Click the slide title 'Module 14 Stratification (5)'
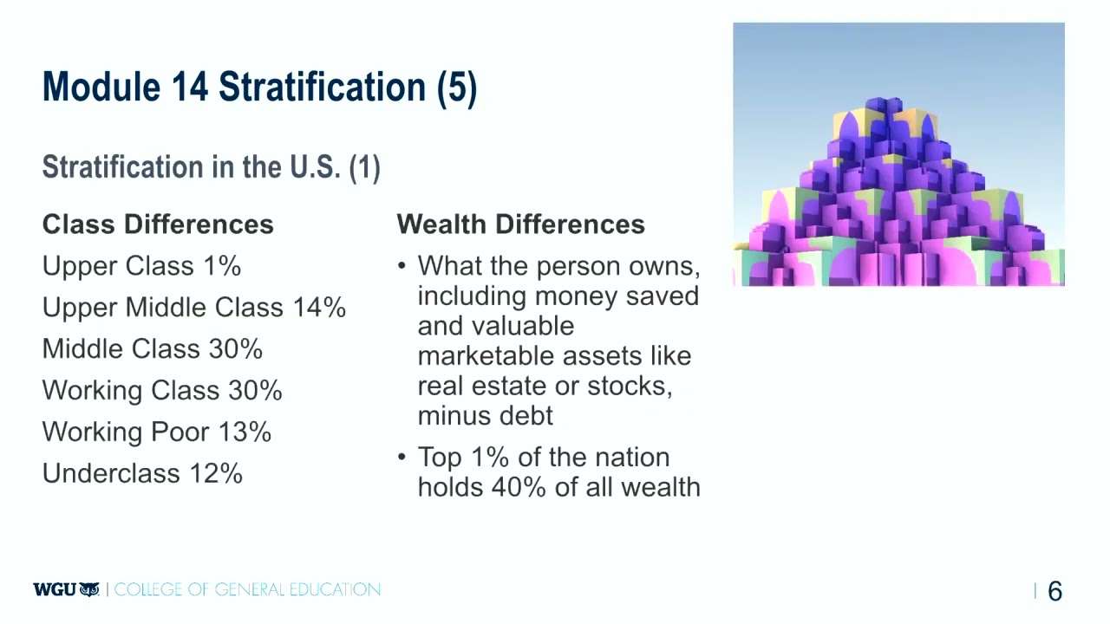(x=259, y=88)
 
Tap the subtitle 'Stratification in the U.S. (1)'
(x=211, y=167)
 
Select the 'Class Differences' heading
(x=158, y=224)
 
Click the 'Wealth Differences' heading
(x=520, y=224)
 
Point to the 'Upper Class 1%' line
(x=141, y=266)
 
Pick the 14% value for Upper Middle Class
(x=319, y=308)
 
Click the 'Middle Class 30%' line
(x=152, y=349)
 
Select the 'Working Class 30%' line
(x=162, y=391)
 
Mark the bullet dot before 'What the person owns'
(x=402, y=266)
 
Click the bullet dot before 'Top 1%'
(x=402, y=458)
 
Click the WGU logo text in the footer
(x=54, y=590)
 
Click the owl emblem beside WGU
(x=89, y=590)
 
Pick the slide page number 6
(x=1054, y=592)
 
